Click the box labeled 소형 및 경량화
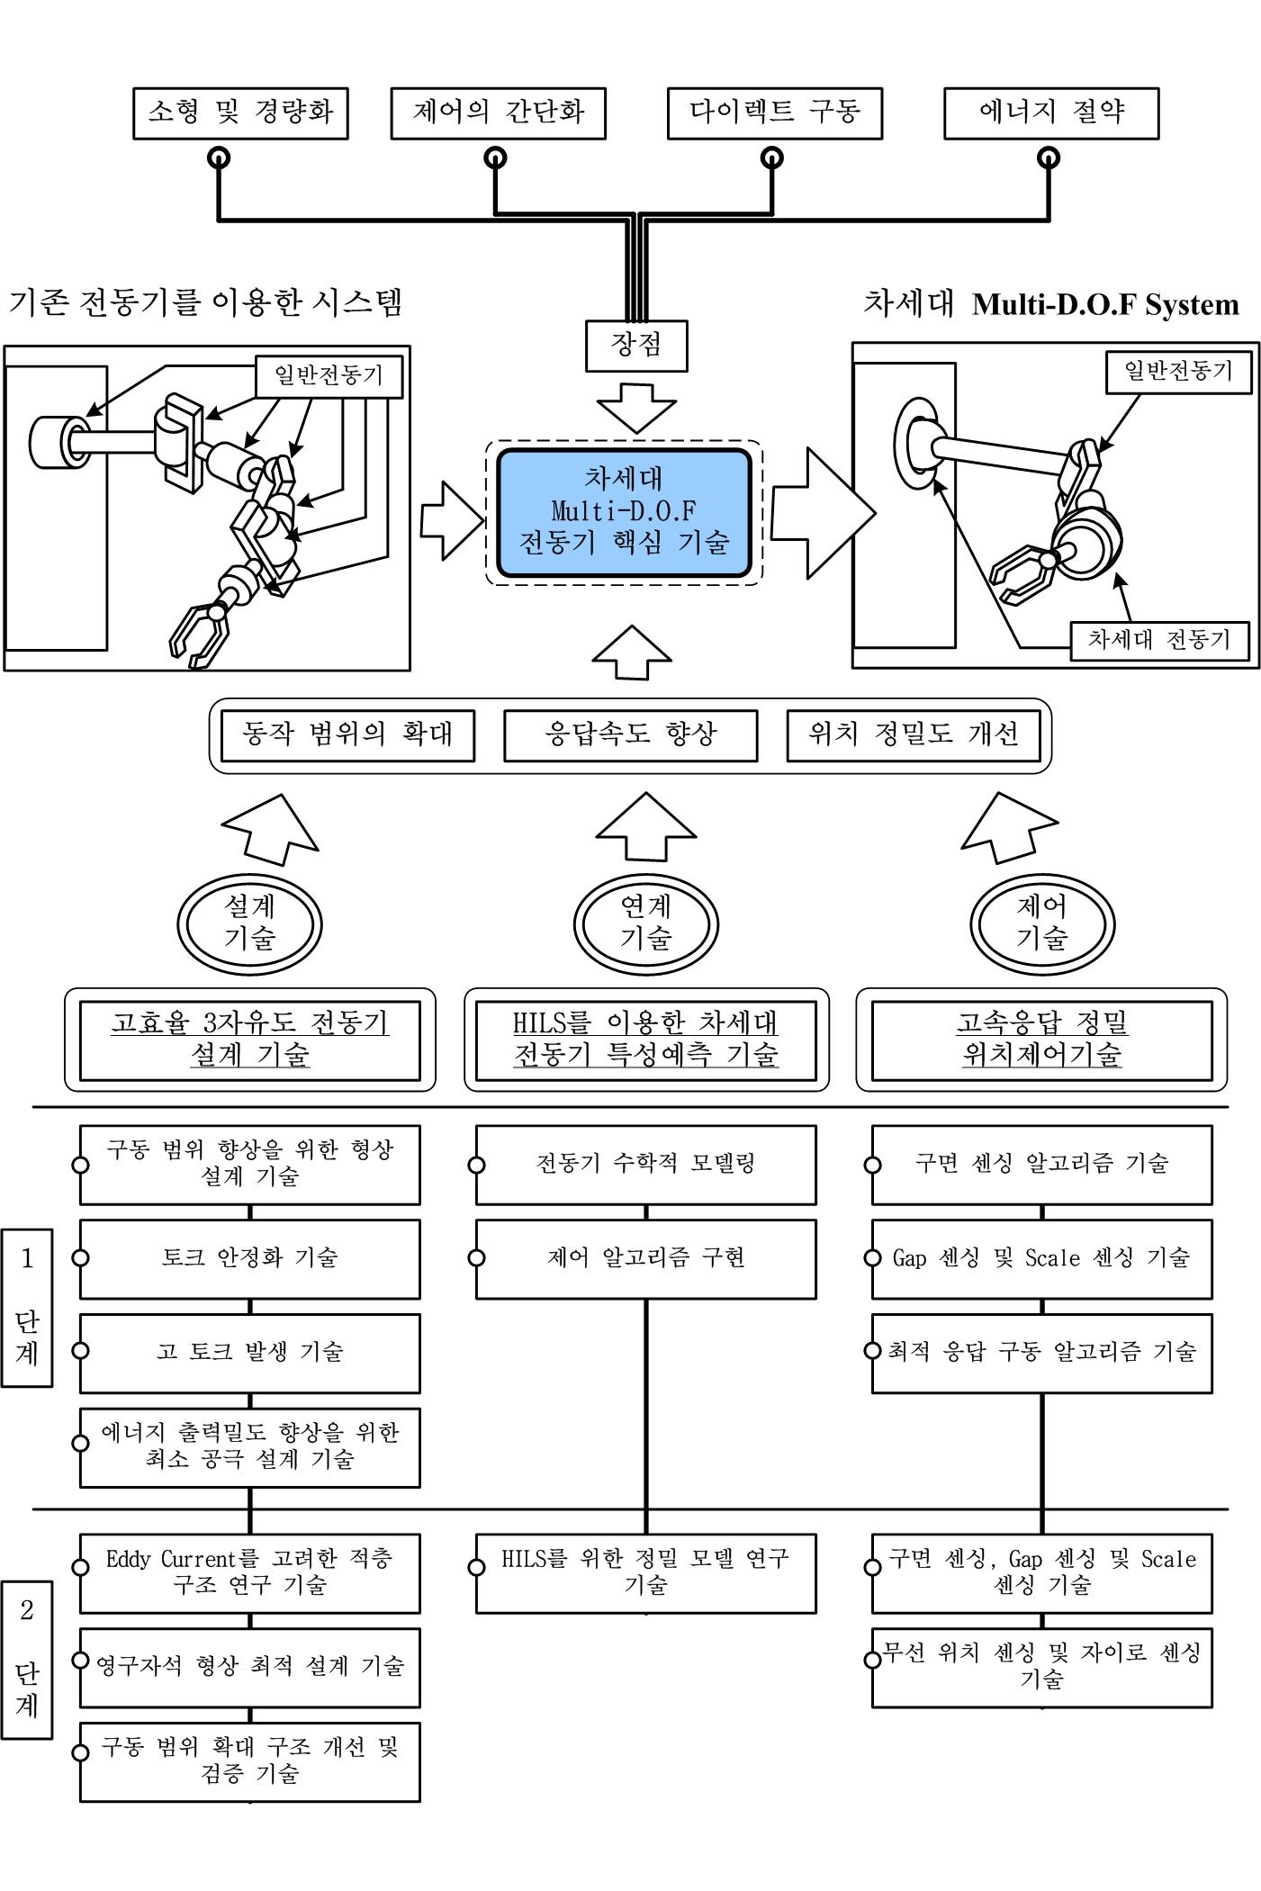[x=240, y=113]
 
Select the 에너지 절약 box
[x=1051, y=113]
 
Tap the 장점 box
[x=636, y=346]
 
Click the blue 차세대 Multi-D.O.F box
[x=624, y=512]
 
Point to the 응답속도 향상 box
[x=630, y=735]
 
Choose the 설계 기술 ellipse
[x=249, y=923]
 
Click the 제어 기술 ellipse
[x=1042, y=923]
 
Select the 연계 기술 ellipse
[x=646, y=923]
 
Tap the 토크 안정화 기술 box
[x=249, y=1258]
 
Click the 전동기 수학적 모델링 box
[x=646, y=1164]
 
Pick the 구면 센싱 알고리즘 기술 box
[x=1042, y=1164]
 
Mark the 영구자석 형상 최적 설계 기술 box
[x=249, y=1666]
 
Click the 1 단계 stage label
[x=27, y=1307]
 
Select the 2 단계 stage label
[x=27, y=1659]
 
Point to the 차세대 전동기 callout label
[x=1159, y=640]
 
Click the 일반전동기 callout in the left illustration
[x=329, y=375]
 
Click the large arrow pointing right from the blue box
[x=821, y=514]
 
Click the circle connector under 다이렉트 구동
[x=772, y=158]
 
